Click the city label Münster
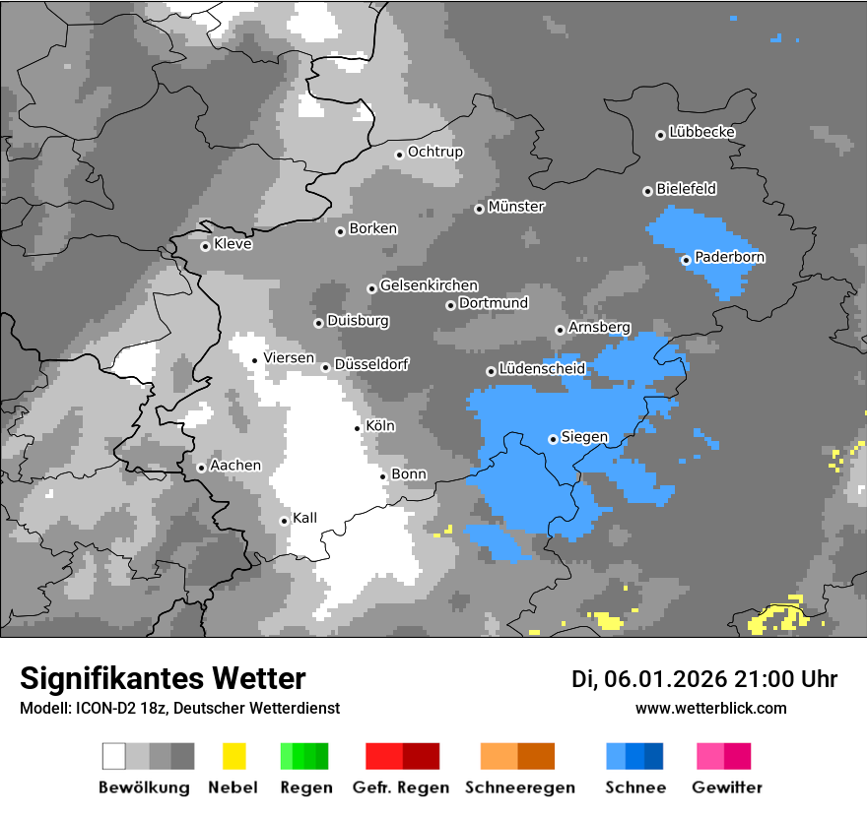pyautogui.click(x=516, y=207)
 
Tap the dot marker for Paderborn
pyautogui.click(x=686, y=260)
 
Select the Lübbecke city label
pyautogui.click(x=701, y=132)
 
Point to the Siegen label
pyautogui.click(x=584, y=437)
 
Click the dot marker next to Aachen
pyautogui.click(x=201, y=468)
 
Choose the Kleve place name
pyautogui.click(x=233, y=244)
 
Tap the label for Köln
pyautogui.click(x=379, y=426)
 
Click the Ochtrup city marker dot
pyautogui.click(x=399, y=154)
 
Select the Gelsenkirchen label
pyautogui.click(x=429, y=285)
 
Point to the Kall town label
pyautogui.click(x=304, y=518)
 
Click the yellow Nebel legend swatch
pyautogui.click(x=233, y=756)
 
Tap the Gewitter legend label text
pyautogui.click(x=727, y=787)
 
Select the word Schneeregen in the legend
pyautogui.click(x=518, y=787)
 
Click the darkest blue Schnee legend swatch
pyautogui.click(x=653, y=756)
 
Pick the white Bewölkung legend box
pyautogui.click(x=114, y=756)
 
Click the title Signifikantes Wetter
pyautogui.click(x=163, y=678)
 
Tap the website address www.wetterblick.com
pyautogui.click(x=710, y=708)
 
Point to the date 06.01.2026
pyautogui.click(x=667, y=679)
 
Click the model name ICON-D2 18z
pyautogui.click(x=115, y=709)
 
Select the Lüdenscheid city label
pyautogui.click(x=542, y=369)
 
